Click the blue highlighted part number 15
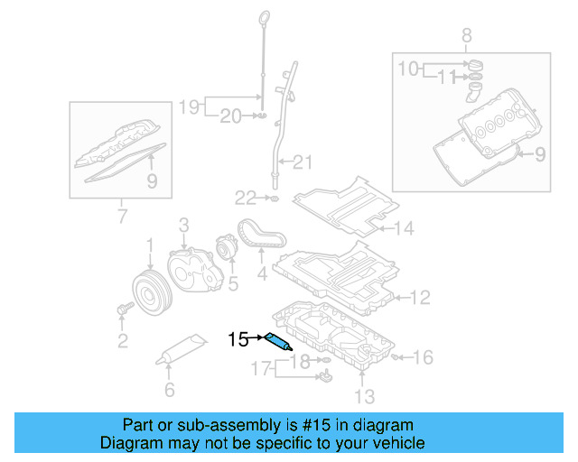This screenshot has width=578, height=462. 277,341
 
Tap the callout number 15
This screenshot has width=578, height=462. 238,340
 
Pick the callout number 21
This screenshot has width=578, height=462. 302,162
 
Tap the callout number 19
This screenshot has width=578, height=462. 187,106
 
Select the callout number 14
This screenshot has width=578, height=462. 403,229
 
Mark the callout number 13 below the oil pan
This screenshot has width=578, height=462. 363,395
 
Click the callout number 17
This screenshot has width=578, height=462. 260,368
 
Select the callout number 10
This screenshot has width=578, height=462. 409,68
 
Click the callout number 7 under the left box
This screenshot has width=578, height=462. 122,216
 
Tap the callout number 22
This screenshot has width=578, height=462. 247,198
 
